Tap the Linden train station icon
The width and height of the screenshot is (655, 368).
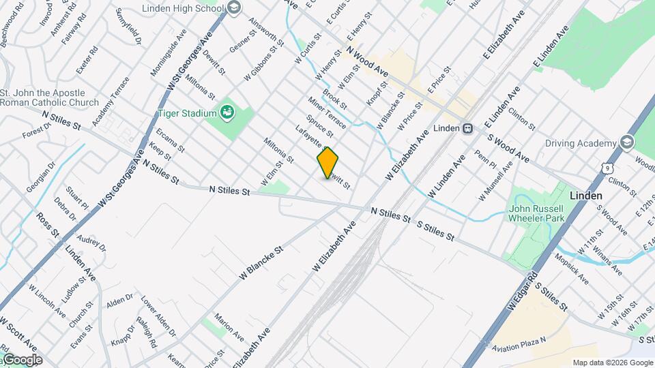click(x=468, y=128)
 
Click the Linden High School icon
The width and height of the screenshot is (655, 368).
click(x=234, y=8)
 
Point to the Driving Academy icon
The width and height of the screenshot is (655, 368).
click(x=627, y=143)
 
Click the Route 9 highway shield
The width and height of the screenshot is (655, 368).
click(x=608, y=166)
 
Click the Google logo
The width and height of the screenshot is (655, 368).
click(x=21, y=360)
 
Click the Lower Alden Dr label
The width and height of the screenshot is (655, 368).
click(x=158, y=316)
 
